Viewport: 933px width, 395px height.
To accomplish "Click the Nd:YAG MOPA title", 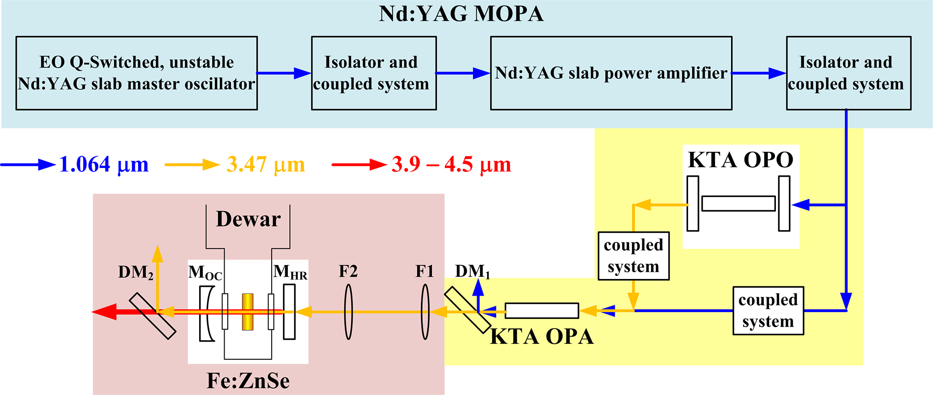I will pos(461,14).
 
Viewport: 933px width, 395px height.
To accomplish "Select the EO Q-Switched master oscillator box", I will pos(137,73).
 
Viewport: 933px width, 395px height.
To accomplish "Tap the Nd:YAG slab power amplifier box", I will pos(611,73).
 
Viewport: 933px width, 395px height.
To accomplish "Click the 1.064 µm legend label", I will pos(104,164).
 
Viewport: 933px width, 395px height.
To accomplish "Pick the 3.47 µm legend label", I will pos(266,164).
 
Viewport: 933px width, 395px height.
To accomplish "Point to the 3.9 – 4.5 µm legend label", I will pos(451,164).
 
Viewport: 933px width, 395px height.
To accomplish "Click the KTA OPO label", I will pos(741,160).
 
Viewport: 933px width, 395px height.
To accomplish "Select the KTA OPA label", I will pos(542,337).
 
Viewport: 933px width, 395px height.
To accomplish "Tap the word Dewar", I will pos(248,219).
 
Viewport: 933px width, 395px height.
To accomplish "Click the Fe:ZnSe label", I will pos(248,381).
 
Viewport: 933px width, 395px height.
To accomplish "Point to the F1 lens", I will pos(425,312).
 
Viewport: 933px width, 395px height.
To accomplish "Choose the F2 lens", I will pos(348,312).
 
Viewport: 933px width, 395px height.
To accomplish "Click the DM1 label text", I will pos(472,271).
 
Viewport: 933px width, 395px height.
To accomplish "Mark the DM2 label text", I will pos(135,272).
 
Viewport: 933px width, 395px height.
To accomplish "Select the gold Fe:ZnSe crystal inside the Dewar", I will pos(248,312).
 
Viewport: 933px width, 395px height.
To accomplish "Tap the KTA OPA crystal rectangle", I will pos(542,311).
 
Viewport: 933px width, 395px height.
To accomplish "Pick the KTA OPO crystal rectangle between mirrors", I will pos(738,203).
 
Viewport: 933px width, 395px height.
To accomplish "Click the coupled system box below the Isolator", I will pos(768,311).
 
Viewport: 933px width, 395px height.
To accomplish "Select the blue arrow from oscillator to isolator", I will pos(284,73).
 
